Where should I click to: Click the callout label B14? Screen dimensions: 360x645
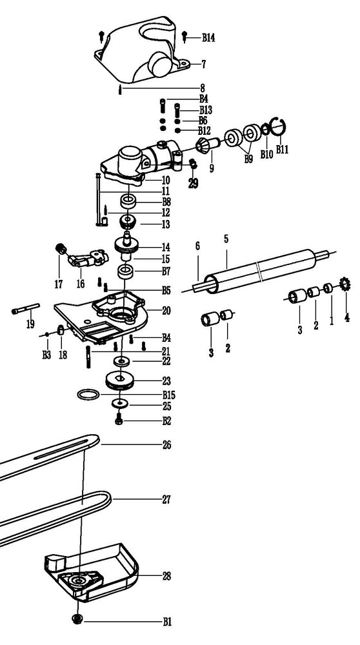pos(208,38)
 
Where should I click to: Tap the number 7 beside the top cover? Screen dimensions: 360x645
pos(203,64)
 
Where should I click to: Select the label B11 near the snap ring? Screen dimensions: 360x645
pos(282,150)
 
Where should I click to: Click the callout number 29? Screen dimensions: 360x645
pos(193,183)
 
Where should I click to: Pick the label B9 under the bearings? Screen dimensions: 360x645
pos(248,159)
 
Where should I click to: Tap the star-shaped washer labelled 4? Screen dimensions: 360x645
pos(345,284)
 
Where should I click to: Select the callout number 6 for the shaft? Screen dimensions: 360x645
pos(197,246)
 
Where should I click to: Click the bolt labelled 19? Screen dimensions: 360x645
pos(26,308)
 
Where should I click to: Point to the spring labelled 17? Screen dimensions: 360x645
pos(61,249)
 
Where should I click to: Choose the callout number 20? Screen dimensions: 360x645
pos(166,310)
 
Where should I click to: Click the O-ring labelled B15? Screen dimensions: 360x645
pos(88,395)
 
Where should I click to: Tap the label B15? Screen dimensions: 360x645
pos(168,395)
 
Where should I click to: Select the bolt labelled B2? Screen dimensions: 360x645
pos(119,421)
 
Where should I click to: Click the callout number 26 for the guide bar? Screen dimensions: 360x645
pos(166,445)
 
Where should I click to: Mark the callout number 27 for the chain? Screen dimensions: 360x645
pos(166,500)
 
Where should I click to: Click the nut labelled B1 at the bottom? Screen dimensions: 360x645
pos(76,619)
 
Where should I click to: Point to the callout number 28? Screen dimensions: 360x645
pos(166,576)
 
